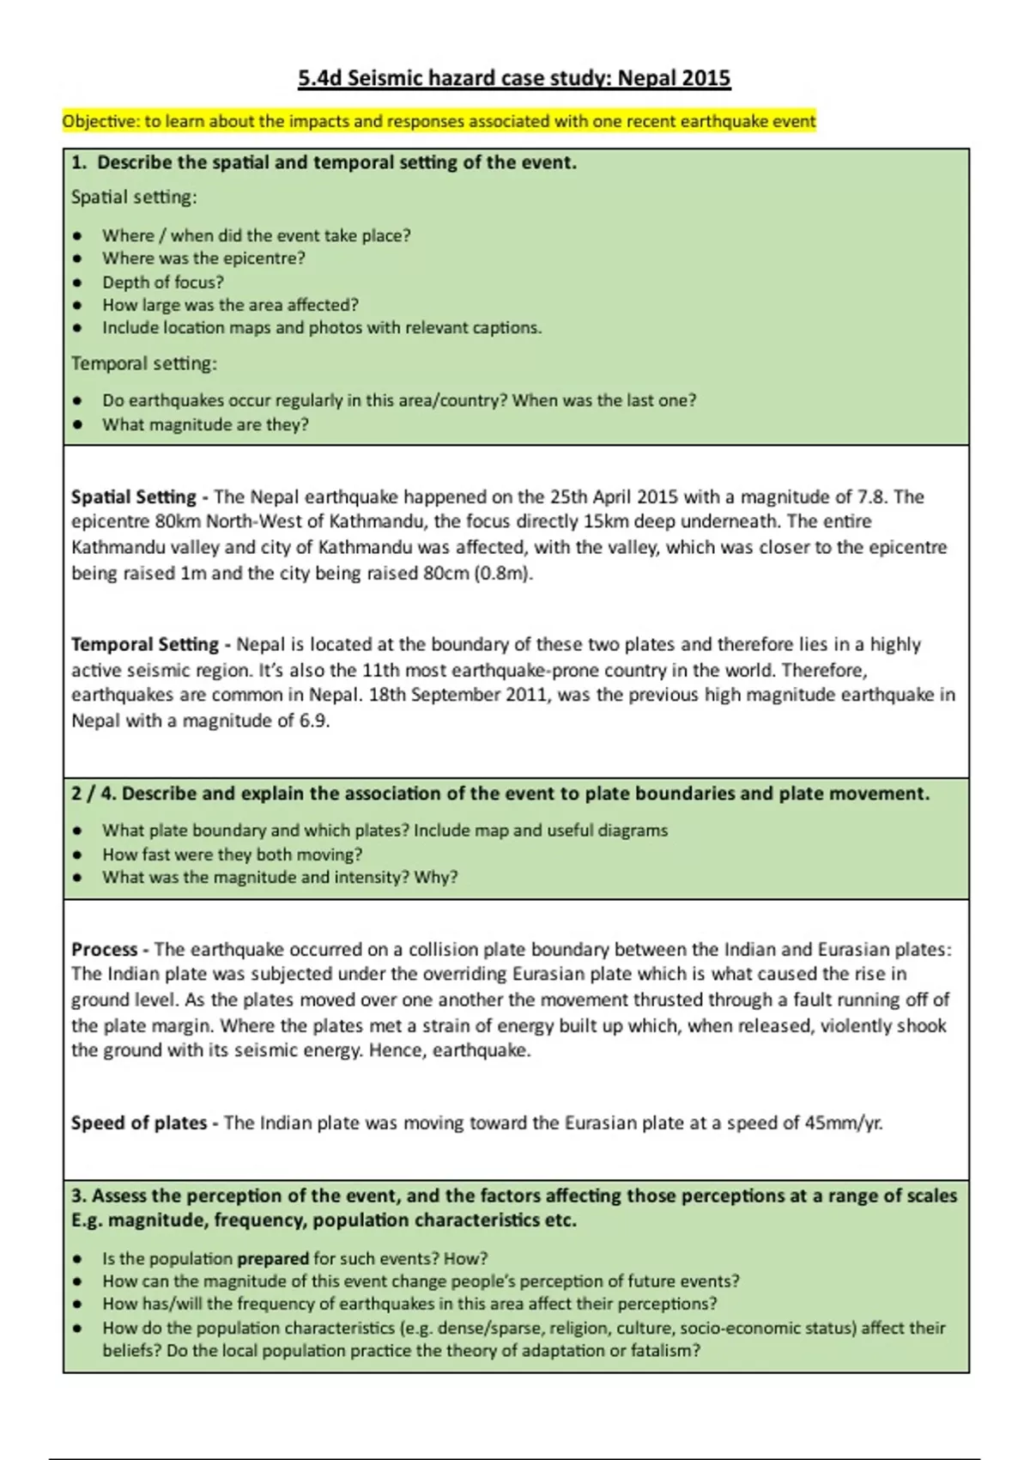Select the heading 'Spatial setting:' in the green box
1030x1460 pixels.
click(x=134, y=198)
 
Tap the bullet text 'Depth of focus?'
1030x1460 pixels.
click(x=163, y=283)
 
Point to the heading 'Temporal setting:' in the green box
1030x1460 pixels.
click(x=144, y=364)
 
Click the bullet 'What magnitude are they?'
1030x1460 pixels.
click(x=205, y=425)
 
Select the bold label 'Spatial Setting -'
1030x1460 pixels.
click(x=140, y=497)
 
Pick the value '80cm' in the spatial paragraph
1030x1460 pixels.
click(x=445, y=574)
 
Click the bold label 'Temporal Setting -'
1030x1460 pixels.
click(x=150, y=645)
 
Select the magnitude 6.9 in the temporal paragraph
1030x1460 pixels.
click(x=314, y=721)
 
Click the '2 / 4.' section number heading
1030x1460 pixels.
click(x=93, y=794)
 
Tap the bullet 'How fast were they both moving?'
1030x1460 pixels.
click(x=232, y=855)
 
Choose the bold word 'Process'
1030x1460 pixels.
click(x=104, y=950)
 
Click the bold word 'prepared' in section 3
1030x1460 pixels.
click(x=272, y=1259)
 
